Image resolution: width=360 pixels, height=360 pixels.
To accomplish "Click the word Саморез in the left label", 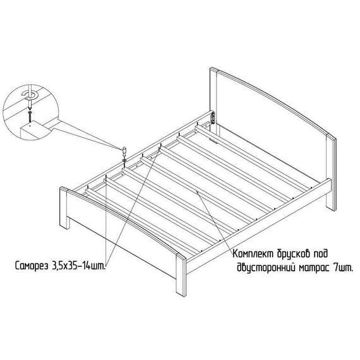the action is pyautogui.click(x=32, y=266).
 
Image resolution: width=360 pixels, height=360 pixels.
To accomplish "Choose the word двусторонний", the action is pyautogui.click(x=266, y=268).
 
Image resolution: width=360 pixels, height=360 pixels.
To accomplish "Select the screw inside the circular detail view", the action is pyautogui.click(x=30, y=116).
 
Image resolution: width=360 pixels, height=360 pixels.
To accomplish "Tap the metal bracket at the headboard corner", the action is pyautogui.click(x=213, y=118).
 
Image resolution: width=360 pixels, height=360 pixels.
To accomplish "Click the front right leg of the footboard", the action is pyautogui.click(x=181, y=275).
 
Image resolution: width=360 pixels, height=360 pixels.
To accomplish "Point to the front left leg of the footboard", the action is pyautogui.click(x=64, y=208).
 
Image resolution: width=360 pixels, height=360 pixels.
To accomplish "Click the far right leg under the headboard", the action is pyautogui.click(x=332, y=195).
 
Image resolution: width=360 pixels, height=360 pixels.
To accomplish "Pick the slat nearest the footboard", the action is pyautogui.click(x=143, y=221).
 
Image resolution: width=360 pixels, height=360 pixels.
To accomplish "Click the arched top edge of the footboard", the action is pyautogui.click(x=124, y=218).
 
